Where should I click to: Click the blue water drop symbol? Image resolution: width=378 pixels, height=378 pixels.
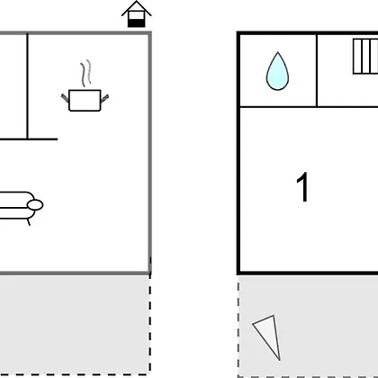277,71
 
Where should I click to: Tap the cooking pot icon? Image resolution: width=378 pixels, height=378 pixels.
85,100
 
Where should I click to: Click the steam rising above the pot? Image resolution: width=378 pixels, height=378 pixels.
85,73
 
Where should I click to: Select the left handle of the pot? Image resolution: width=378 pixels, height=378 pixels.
65,98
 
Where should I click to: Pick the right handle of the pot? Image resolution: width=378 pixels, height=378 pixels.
104,98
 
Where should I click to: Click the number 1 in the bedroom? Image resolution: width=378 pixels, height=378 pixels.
302,187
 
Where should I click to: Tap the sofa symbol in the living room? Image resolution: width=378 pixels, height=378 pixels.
21,207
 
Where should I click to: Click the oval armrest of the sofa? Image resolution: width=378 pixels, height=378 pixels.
35,205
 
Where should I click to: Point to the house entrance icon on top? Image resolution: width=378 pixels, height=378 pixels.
136,14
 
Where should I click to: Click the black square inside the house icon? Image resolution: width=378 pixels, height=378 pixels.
136,22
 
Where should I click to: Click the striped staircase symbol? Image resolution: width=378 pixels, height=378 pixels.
365,56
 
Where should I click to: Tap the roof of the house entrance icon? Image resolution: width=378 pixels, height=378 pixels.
136,8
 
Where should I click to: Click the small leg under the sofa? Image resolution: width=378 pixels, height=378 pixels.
29,222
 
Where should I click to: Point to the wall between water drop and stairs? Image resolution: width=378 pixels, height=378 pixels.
317,70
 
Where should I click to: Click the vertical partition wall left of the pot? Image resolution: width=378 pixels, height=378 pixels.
27,86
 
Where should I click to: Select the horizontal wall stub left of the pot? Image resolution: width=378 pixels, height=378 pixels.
29,139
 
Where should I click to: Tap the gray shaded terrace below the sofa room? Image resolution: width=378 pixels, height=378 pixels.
75,324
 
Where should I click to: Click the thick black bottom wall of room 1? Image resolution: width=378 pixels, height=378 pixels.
308,273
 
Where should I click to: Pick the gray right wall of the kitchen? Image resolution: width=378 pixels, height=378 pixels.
149,153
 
